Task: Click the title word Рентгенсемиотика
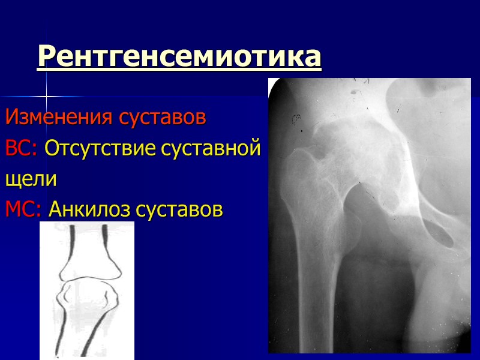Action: [x=179, y=57]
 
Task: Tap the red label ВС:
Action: [x=22, y=148]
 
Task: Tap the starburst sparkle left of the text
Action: [x=46, y=96]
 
